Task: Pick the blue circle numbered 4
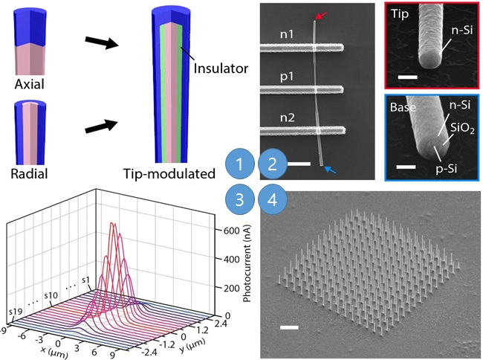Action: pyautogui.click(x=273, y=200)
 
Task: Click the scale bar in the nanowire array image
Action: pyautogui.click(x=289, y=327)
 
